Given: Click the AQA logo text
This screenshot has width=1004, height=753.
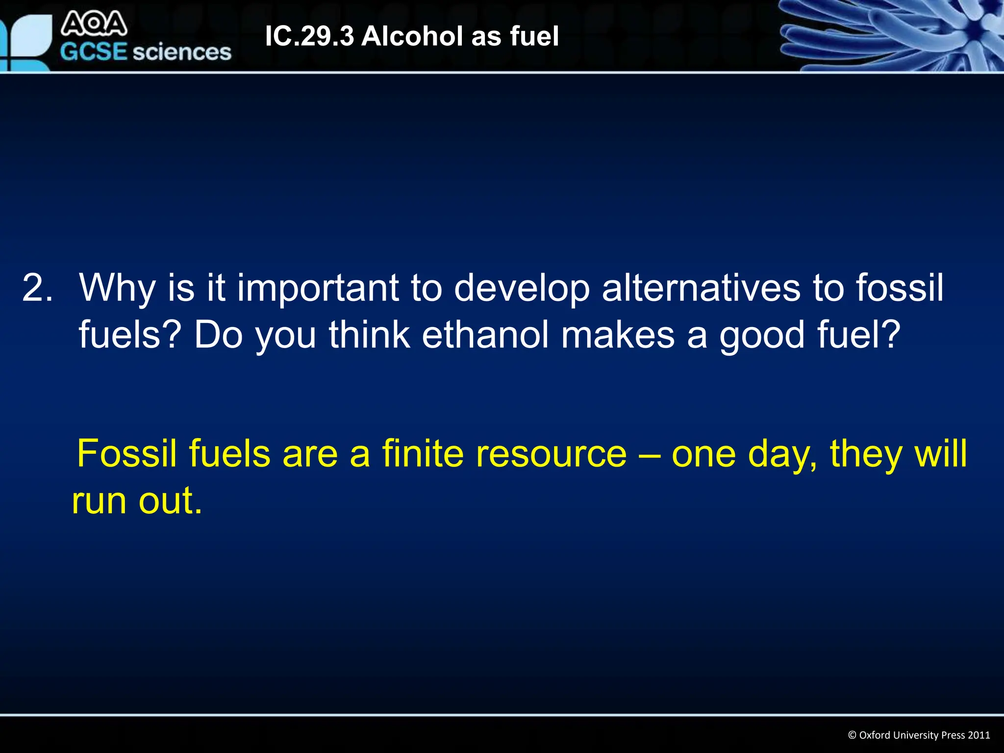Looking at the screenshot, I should [94, 25].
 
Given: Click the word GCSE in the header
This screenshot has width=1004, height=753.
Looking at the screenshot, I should [94, 51].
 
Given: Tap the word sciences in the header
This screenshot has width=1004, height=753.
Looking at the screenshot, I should [182, 51].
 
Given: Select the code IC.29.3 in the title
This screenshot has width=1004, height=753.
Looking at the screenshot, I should [309, 36].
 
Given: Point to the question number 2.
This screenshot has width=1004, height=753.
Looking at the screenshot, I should [37, 288].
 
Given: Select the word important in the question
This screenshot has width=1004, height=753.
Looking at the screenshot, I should [317, 288].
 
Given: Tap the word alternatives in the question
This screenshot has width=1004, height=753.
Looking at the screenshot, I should [701, 288].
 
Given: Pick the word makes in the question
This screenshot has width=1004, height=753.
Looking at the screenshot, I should [618, 335].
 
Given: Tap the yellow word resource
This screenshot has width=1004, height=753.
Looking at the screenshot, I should [551, 453].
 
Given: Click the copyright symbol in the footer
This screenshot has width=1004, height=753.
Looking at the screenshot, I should [852, 735].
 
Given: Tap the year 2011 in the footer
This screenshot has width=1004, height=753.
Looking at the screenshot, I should [979, 735].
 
